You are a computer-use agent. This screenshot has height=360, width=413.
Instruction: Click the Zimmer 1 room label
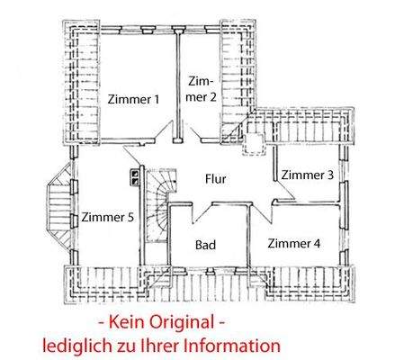tap(132, 100)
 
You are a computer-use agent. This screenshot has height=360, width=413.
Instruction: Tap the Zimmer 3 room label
tap(306, 174)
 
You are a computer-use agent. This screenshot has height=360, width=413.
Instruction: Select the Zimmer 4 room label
tap(293, 242)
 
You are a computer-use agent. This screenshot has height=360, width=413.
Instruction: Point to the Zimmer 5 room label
tap(107, 218)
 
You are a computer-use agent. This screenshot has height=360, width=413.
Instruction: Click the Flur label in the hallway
tap(215, 179)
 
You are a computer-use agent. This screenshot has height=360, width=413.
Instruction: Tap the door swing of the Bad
tap(202, 209)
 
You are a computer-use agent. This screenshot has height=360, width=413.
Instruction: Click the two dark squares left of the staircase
tap(134, 175)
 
